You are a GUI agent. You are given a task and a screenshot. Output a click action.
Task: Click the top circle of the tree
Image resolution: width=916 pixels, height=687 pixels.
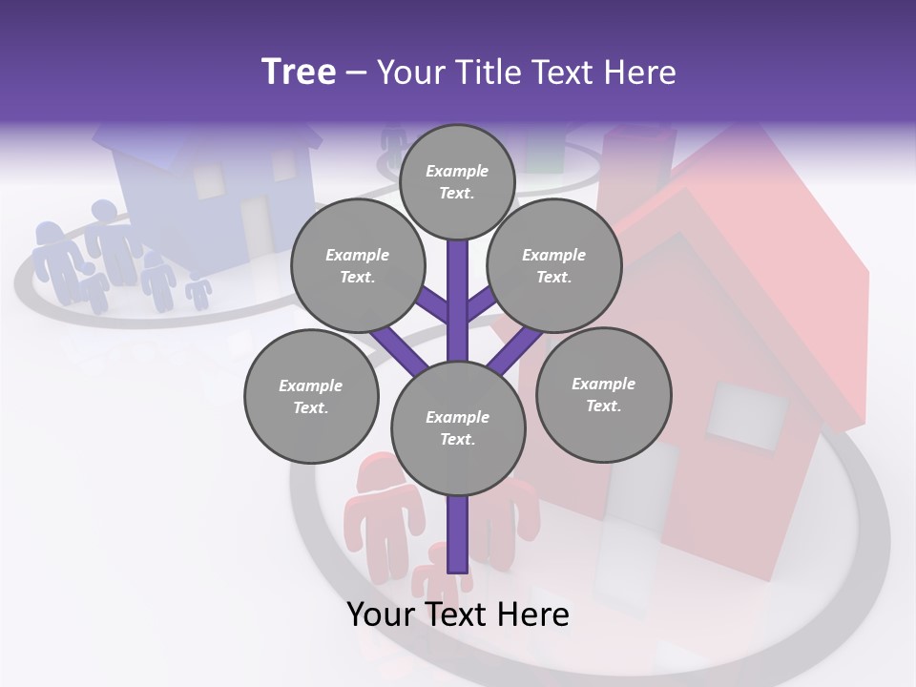(x=457, y=181)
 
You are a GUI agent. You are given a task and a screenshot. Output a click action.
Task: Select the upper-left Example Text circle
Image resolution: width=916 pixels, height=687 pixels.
(x=357, y=266)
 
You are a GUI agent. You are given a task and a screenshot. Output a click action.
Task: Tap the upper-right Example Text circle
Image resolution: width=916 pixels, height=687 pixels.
(x=553, y=266)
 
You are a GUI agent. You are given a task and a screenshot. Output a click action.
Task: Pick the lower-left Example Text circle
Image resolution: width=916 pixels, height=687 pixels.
(x=311, y=397)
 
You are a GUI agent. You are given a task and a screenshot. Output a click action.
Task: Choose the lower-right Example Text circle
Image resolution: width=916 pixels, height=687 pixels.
(x=603, y=395)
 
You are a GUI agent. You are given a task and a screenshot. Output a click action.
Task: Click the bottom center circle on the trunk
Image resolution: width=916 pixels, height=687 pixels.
(x=458, y=428)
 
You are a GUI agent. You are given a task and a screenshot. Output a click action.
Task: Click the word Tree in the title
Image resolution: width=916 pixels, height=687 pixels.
(x=299, y=73)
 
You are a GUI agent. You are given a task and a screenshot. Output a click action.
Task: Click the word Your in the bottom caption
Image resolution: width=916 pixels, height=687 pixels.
(x=380, y=614)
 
